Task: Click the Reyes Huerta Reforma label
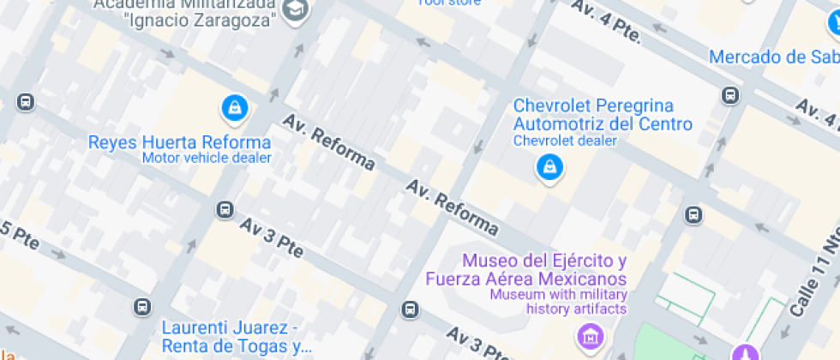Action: point(179,142)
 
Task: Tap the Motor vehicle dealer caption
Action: point(207,158)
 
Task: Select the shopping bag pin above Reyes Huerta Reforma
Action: point(234,108)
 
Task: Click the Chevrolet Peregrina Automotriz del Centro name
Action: point(603,115)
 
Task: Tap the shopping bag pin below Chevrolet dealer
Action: point(549,167)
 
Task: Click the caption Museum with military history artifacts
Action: point(557,302)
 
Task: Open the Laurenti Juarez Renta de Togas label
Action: point(236,337)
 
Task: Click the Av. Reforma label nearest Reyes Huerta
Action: point(328,141)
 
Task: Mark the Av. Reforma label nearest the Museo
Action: point(453,207)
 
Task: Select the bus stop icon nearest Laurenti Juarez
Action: point(141,306)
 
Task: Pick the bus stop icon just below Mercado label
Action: point(729,95)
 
